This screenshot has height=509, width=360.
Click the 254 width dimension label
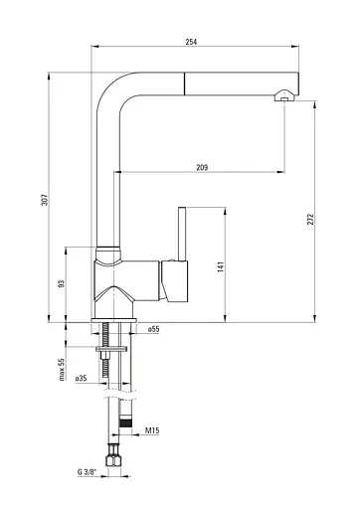pos(191,42)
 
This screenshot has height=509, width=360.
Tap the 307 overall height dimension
pos(45,200)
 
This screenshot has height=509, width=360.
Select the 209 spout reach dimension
pos(202,167)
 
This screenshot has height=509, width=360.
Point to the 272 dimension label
pos(310,219)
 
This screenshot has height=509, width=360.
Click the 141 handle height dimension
pos(221,266)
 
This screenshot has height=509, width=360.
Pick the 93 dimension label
pos(62,283)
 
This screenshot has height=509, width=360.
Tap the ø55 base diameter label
pos(153,329)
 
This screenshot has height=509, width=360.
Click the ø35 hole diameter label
pos(81,378)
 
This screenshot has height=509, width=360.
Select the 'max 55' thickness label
pos(62,370)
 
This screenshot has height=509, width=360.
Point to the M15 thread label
pos(152,430)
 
